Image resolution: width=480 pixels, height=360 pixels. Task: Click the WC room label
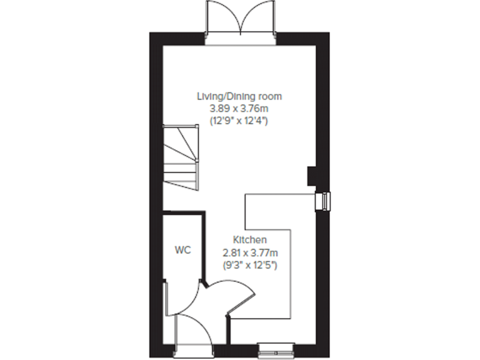tap(182, 250)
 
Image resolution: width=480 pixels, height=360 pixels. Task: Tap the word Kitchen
tap(250, 240)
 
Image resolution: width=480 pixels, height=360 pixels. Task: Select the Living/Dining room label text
tap(239, 96)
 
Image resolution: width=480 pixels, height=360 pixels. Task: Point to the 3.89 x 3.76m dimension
tap(239, 109)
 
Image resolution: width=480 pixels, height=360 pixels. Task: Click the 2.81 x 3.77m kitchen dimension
tap(250, 252)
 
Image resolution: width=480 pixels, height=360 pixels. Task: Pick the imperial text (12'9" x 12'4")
tap(239, 121)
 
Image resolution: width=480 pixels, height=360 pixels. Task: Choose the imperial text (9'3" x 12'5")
tap(250, 265)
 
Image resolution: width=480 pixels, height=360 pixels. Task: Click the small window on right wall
tap(325, 201)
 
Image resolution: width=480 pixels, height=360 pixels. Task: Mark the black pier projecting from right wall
tap(311, 176)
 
